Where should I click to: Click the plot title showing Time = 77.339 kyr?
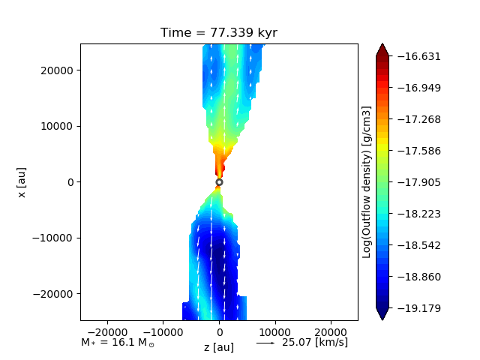pos(219,32)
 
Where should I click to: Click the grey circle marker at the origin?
pos(219,182)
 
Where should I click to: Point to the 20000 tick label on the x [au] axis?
pos(57,70)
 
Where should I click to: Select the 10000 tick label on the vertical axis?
pos(57,126)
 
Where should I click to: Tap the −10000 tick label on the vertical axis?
pos(52,238)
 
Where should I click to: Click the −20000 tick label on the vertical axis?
pos(52,294)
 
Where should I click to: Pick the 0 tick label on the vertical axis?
pos(70,182)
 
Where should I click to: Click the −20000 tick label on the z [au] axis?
pos(107,332)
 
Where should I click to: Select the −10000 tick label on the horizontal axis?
pos(163,332)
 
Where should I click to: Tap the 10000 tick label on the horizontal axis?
pos(275,332)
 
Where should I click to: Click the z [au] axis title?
pos(219,347)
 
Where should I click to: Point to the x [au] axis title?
pos(22,182)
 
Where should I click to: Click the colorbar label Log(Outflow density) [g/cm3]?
pos(367,182)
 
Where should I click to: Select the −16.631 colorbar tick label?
pos(419,56)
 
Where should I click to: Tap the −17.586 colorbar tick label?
pos(419,151)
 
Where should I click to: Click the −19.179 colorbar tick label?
pos(419,308)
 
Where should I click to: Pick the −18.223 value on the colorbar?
pos(419,214)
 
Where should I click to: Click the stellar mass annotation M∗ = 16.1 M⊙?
pos(118,342)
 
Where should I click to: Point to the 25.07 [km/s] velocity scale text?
pos(315,342)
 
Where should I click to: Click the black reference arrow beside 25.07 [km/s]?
pos(265,343)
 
